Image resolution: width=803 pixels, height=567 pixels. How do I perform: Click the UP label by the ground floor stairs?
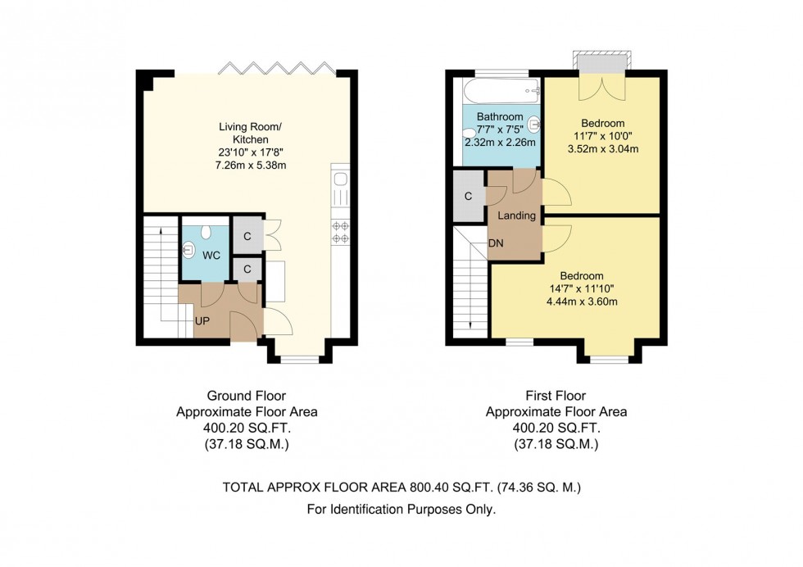point(202,321)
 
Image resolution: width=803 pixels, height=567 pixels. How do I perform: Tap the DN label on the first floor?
point(496,243)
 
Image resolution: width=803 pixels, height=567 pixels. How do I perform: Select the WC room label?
point(211,255)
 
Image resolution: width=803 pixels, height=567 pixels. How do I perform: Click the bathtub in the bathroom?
point(501,91)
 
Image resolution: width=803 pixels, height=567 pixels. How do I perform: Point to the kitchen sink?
point(340,179)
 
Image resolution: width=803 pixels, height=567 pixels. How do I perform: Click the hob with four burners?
point(341,232)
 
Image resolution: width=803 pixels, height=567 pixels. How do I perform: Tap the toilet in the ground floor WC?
point(206,233)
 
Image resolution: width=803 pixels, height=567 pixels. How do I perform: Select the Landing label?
point(516,215)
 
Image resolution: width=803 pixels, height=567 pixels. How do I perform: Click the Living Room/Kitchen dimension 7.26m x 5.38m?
point(251,165)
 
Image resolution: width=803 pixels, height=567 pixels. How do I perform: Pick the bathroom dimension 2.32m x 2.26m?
point(500,143)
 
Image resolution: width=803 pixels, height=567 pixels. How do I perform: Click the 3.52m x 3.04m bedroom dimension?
point(603,149)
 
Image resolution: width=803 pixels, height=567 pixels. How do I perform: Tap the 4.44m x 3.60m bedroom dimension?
point(582,302)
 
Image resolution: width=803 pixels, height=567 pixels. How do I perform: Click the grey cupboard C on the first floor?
point(468,196)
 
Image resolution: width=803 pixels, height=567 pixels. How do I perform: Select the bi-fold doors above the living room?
point(276,68)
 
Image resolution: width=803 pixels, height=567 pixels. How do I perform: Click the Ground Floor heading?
point(247,396)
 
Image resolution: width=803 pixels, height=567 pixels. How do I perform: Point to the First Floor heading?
point(556,396)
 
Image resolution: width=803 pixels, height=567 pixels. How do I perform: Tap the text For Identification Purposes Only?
point(401,510)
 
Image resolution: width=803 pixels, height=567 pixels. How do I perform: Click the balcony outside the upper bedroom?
point(601,60)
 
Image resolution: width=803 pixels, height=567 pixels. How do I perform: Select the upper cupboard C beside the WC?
point(247,236)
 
